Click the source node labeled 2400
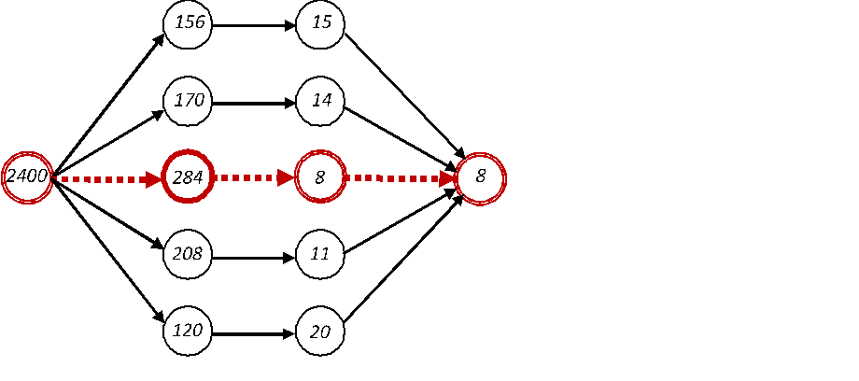26,176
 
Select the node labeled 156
188,23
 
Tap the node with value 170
188,100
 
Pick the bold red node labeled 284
188,176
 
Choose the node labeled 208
188,253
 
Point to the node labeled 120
188,331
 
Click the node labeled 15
320,23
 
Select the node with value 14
320,100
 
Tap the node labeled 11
320,253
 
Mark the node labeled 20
320,331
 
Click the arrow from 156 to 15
254,24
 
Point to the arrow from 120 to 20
254,331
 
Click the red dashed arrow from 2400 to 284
107,177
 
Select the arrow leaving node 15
403,93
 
